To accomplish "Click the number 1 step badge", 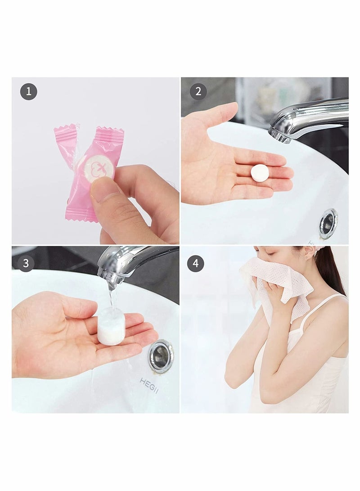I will tap(29, 92).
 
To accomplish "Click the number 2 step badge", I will tap(198, 92).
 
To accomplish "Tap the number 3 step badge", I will tap(25, 263).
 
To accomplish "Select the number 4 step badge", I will tap(195, 263).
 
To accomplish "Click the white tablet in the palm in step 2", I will tap(260, 173).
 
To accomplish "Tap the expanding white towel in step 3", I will tap(111, 327).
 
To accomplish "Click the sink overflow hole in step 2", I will tap(328, 223).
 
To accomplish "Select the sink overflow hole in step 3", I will tap(161, 356).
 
